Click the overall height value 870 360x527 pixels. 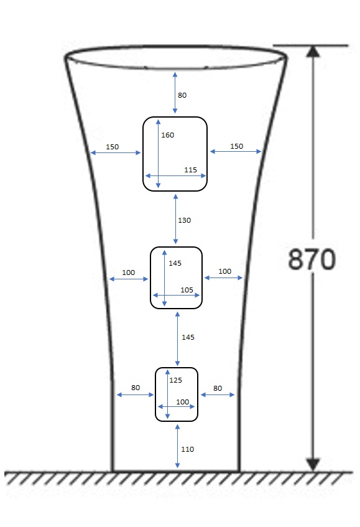click(312, 259)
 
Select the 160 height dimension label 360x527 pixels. click(168, 135)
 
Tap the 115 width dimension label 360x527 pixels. click(190, 170)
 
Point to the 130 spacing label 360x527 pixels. click(185, 220)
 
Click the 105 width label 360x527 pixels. click(187, 290)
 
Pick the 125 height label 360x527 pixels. click(175, 380)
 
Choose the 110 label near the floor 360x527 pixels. click(187, 449)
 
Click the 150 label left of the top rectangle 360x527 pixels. click(112, 147)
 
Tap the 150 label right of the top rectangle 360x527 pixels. click(236, 146)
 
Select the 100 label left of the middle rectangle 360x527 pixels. click(128, 273)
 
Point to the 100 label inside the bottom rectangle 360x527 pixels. click(182, 402)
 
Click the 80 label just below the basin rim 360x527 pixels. click(182, 95)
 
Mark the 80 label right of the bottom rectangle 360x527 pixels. click(218, 388)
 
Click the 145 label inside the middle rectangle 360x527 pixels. click(175, 263)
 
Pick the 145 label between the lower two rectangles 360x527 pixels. click(188, 337)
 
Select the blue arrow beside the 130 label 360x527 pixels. click(175, 219)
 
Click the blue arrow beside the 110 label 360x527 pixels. click(177, 446)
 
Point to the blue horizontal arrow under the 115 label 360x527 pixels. click(175, 175)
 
